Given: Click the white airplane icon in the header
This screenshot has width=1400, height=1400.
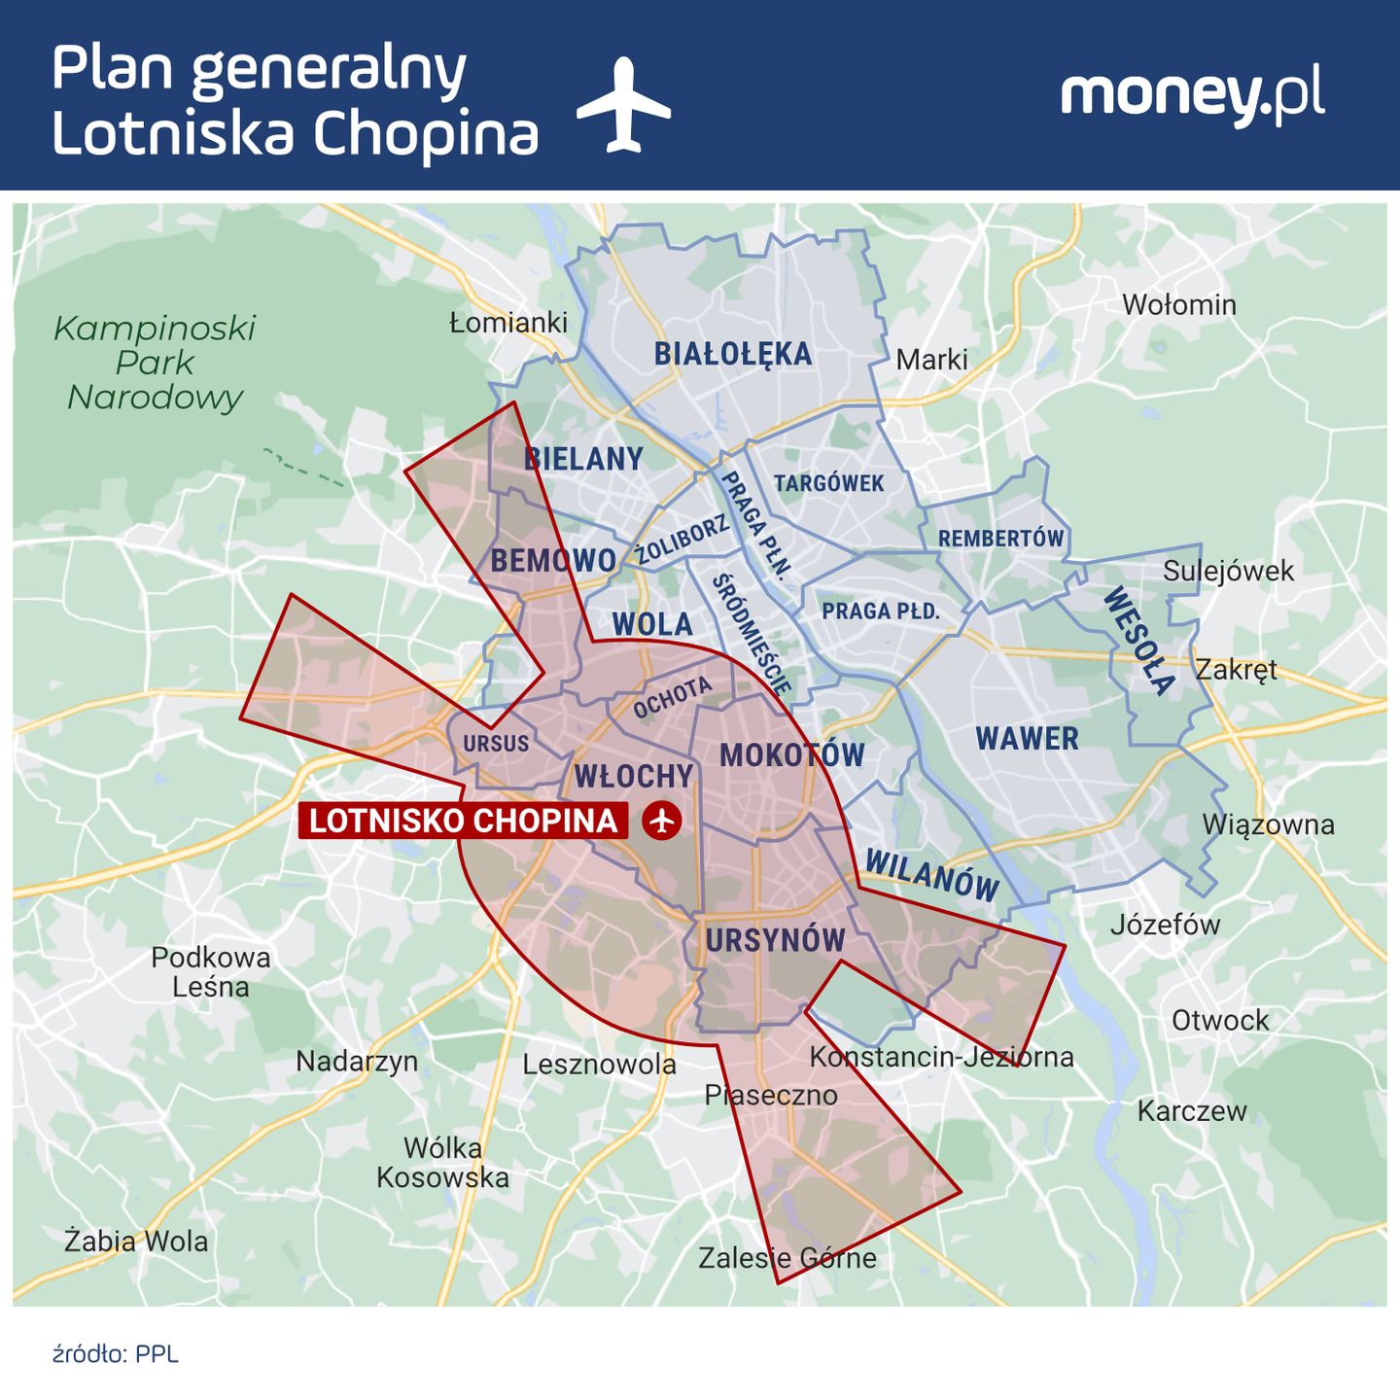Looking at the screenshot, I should point(623,105).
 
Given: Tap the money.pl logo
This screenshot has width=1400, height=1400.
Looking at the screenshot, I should point(1192,95).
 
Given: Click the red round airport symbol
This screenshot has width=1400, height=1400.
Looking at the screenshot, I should point(662,821).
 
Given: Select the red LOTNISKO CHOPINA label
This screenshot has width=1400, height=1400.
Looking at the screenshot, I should point(464,821).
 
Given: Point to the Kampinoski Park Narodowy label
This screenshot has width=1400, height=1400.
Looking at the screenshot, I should point(155,363).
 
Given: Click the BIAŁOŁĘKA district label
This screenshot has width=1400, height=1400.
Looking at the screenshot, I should point(732,354).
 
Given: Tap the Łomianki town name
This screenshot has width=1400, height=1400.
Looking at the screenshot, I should point(508,322).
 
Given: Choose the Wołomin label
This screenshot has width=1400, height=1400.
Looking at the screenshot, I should point(1178,305).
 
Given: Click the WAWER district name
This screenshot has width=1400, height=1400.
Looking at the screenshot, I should point(1027,739).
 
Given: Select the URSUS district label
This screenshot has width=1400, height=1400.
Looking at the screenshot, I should point(496,744).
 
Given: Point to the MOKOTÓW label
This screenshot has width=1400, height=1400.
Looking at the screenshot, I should point(791,755).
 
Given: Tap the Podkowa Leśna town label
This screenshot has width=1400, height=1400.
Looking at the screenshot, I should point(211,971).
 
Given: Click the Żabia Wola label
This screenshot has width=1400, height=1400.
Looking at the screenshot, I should point(136,1242).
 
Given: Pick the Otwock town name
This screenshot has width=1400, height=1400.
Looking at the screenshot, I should point(1220,1021).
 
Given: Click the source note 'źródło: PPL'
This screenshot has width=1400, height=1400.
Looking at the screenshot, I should point(116,1354).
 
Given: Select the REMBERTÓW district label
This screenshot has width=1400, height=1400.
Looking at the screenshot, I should point(1000,539).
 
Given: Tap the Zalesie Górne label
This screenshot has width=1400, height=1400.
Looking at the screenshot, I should point(787,1258).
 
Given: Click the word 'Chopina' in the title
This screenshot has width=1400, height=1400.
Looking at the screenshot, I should point(427,134).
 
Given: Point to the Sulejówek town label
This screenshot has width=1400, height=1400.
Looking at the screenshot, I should point(1228,571).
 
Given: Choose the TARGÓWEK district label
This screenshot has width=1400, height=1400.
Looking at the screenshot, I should point(828,483).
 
